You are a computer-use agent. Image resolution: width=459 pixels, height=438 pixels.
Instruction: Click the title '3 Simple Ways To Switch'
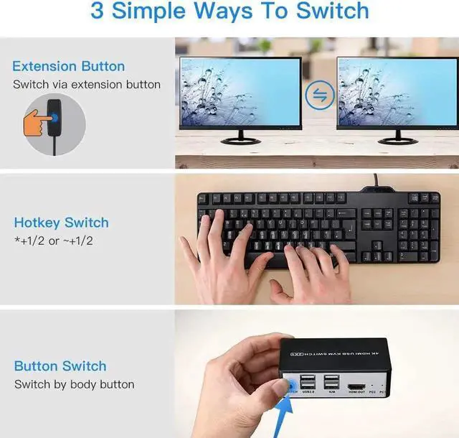tap(229, 12)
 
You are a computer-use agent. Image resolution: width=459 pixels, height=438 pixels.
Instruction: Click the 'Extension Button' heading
tap(68, 66)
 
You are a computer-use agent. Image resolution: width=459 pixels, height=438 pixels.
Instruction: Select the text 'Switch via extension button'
tap(86, 85)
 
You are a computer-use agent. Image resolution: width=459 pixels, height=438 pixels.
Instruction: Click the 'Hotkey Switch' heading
tap(61, 223)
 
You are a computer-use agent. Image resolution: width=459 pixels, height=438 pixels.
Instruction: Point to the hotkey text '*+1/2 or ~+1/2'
tap(52, 241)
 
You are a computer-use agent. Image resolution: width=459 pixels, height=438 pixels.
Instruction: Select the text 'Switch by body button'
tap(74, 385)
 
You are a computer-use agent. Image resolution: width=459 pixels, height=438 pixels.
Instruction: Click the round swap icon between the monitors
tap(318, 94)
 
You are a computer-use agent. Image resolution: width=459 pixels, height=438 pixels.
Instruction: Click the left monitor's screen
tap(240, 91)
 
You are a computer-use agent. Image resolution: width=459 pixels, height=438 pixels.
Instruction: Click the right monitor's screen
tap(397, 91)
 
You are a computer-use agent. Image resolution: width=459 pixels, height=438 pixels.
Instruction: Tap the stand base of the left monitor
tap(240, 141)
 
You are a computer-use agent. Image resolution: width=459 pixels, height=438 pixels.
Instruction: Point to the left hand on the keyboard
tap(215, 251)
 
